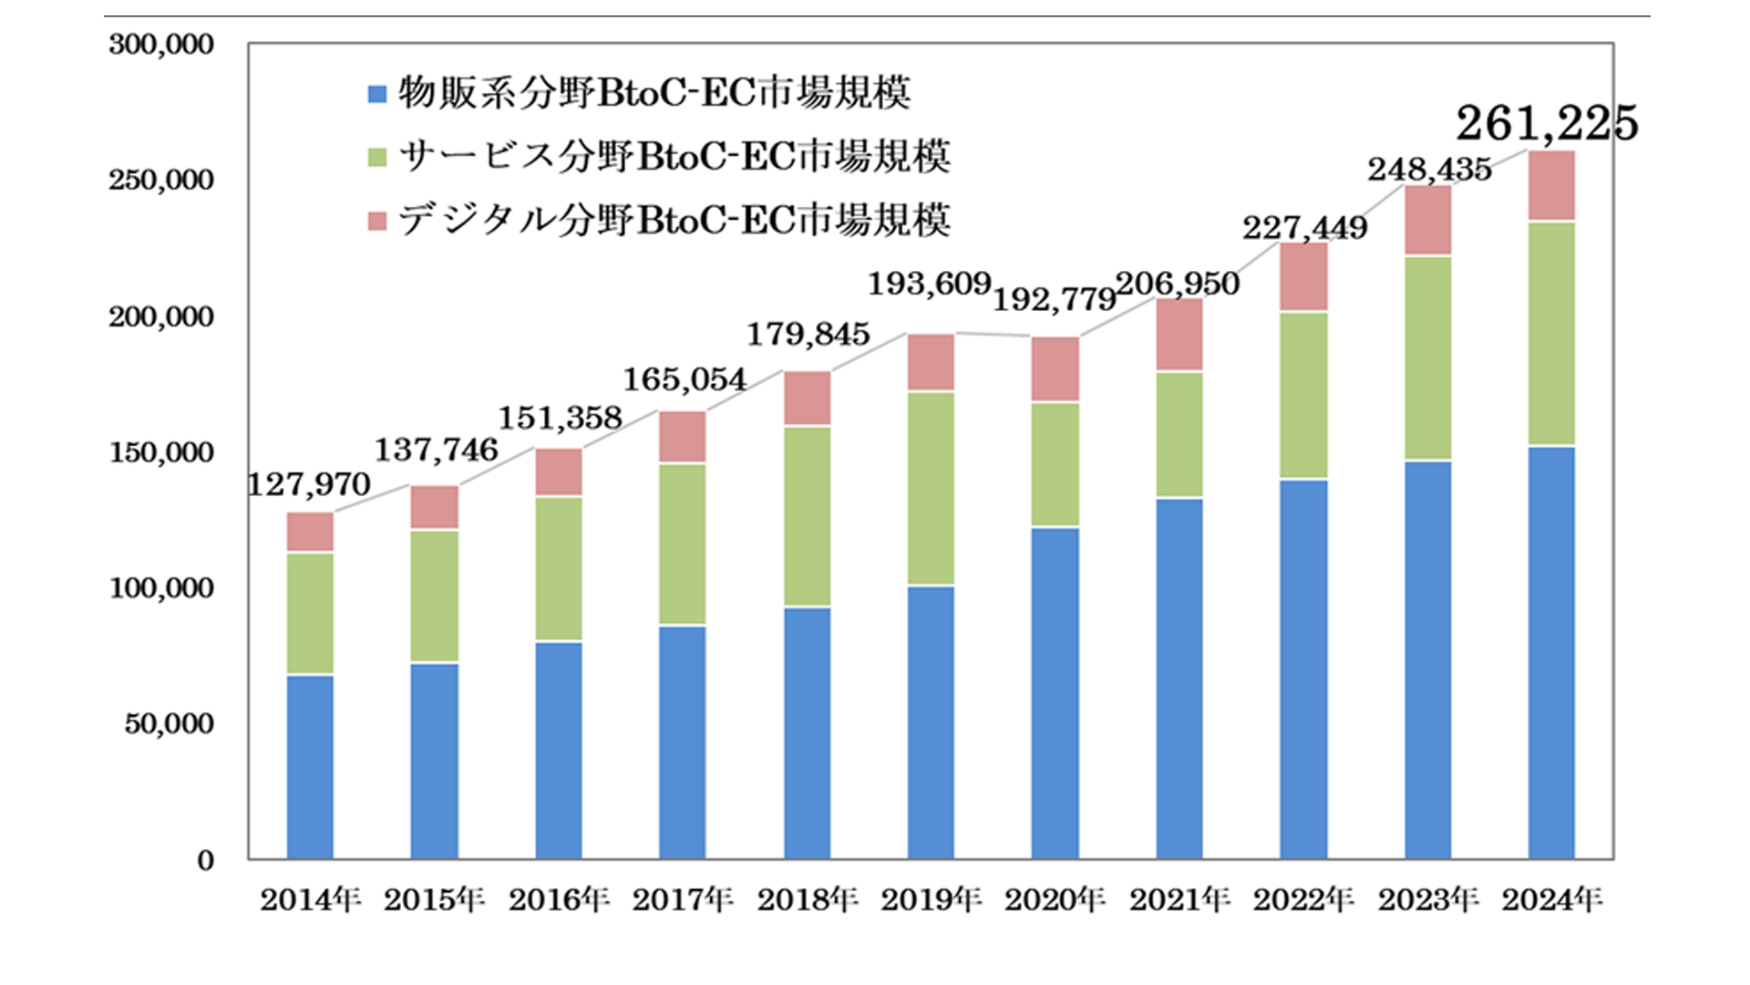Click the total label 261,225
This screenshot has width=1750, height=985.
click(x=1547, y=123)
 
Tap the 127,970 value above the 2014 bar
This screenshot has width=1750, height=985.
click(x=309, y=484)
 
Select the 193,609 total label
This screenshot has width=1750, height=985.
click(x=929, y=284)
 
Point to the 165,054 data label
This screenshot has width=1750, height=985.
click(x=684, y=378)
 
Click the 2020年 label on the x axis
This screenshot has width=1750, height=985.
click(x=1055, y=900)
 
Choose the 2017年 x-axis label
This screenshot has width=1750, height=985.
click(x=683, y=900)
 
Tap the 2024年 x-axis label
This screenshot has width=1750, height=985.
click(x=1551, y=900)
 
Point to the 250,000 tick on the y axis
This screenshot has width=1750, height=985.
click(x=161, y=181)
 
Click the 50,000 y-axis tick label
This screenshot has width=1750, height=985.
click(x=169, y=724)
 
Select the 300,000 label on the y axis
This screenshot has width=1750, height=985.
click(x=161, y=45)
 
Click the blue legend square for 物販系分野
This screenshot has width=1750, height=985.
click(x=377, y=94)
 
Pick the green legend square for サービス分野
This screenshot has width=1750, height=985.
click(x=377, y=158)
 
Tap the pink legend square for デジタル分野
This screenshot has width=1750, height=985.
click(x=377, y=222)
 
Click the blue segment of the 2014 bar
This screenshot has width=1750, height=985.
click(x=310, y=766)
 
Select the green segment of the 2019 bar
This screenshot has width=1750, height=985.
click(x=931, y=488)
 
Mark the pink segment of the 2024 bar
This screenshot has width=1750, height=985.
click(x=1551, y=186)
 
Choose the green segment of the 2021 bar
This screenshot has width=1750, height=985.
click(x=1179, y=434)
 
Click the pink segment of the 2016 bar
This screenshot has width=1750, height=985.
click(x=558, y=472)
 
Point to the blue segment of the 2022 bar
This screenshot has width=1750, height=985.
click(x=1303, y=669)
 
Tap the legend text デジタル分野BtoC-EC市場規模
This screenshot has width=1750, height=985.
click(x=674, y=221)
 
